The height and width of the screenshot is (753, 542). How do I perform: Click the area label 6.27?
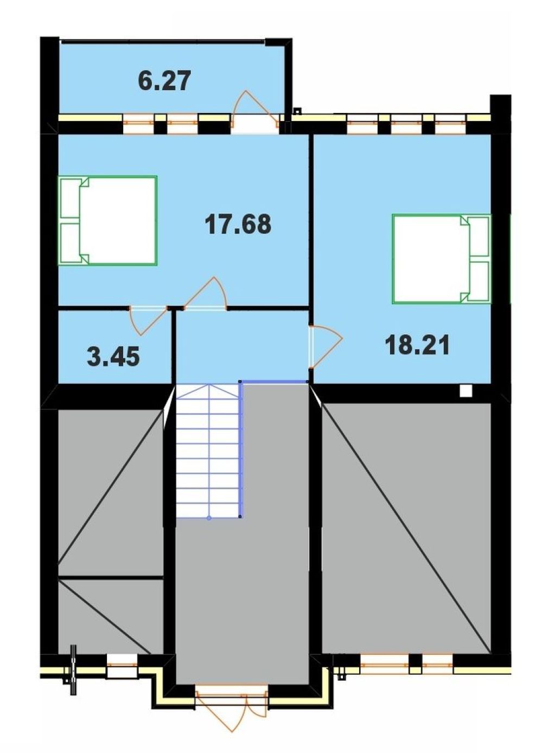(164, 81)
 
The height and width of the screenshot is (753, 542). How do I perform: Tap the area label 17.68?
(237, 225)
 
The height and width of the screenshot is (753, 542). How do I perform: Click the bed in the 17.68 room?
(108, 221)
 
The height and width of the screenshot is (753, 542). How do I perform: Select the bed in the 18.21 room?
(442, 259)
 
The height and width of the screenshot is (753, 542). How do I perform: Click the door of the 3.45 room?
(148, 321)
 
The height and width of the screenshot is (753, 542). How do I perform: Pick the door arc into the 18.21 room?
(327, 346)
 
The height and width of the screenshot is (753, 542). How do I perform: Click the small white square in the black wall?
(466, 391)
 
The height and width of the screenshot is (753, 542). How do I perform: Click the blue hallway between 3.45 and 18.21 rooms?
(242, 346)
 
